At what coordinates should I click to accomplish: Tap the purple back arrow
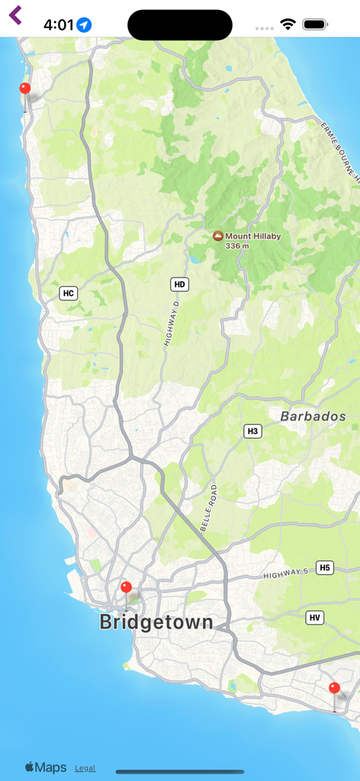pos(15,15)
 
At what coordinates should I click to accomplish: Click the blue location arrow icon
pos(84,25)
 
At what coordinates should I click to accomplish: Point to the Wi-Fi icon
pos(288,24)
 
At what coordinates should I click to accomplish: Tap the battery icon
pos(315,24)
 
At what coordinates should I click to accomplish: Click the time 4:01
pos(58,25)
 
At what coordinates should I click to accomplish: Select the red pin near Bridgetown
pos(127,588)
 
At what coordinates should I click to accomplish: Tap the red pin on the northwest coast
pos(25,89)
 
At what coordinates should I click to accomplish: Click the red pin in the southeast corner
pos(334,689)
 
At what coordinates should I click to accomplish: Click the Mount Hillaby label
pos(252,236)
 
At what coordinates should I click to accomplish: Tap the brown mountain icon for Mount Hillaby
pos(218,237)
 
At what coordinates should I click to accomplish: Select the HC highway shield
pos(69,293)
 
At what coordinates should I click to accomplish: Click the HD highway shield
pos(179,284)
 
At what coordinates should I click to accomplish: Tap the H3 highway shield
pos(253,432)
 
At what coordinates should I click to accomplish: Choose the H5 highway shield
pos(325,567)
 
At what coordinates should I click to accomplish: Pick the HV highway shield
pos(315,618)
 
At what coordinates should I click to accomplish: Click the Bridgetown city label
pos(156,622)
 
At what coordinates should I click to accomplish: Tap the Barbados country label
pos(313,417)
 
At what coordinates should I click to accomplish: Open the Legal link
pos(85,768)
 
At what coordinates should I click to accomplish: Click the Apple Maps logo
pos(46,767)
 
